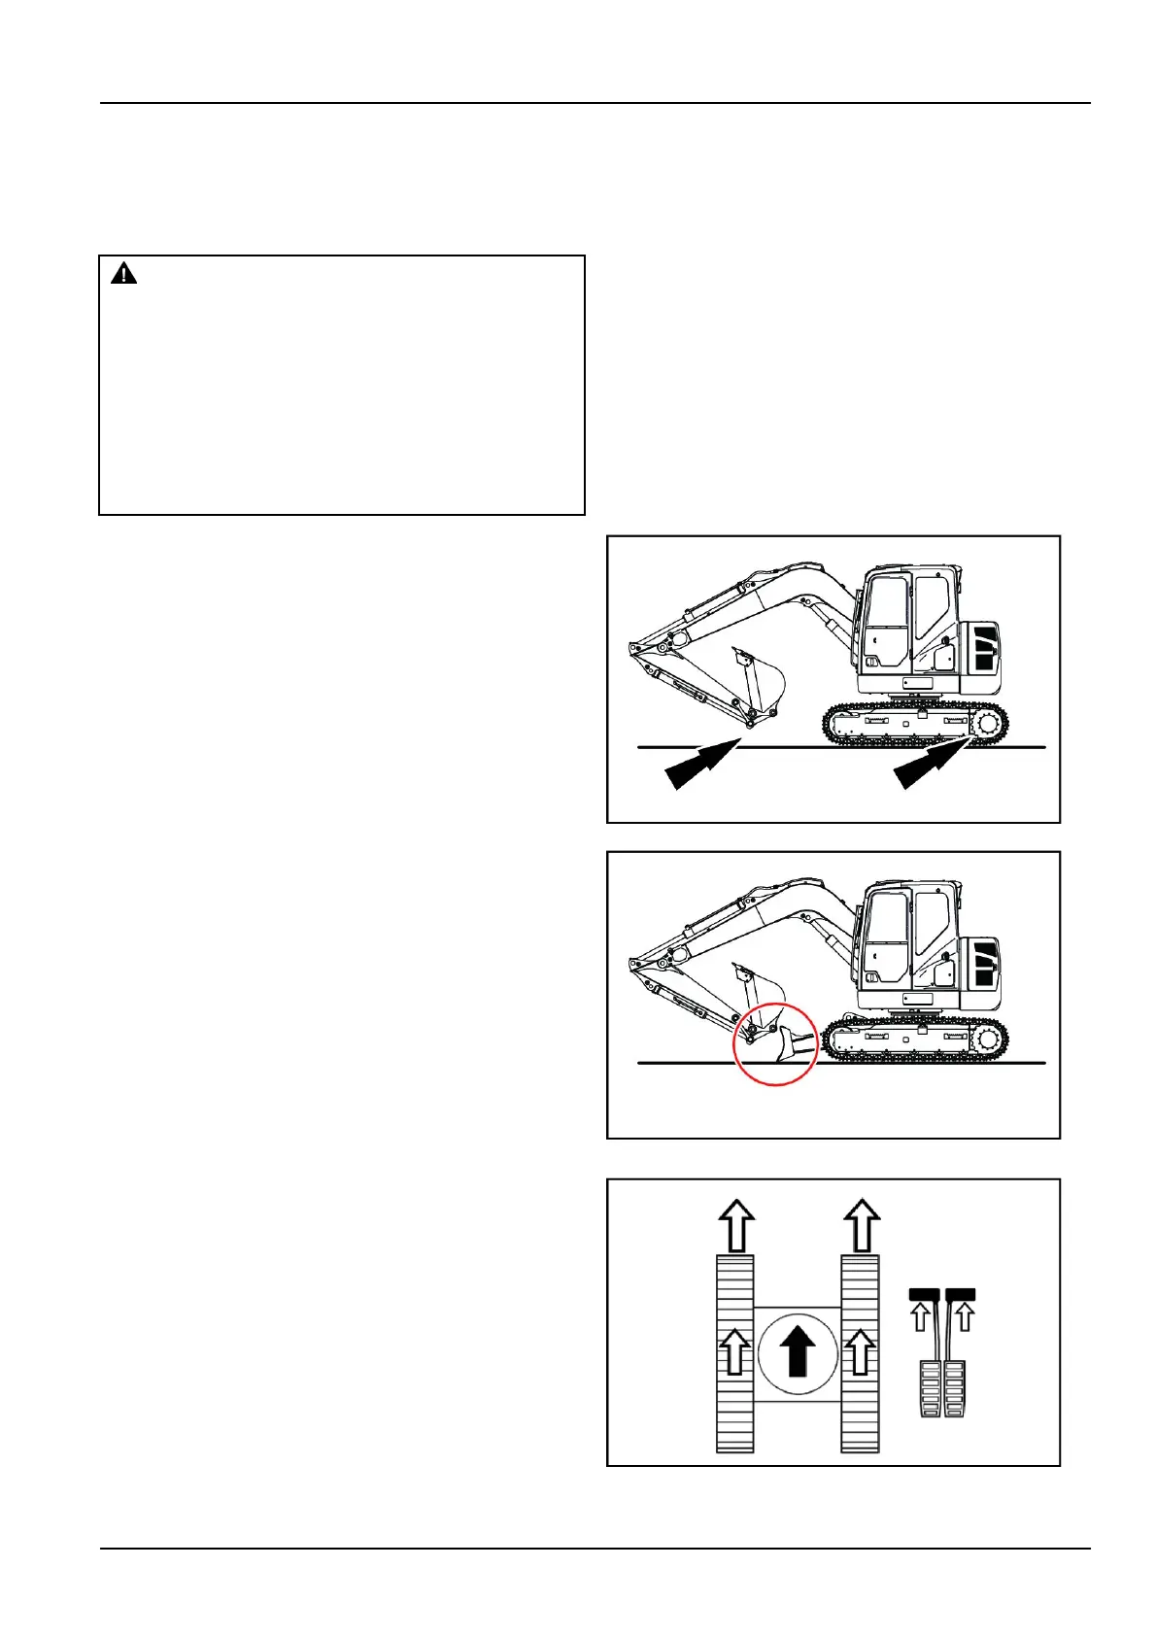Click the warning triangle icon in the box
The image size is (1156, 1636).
[x=123, y=274]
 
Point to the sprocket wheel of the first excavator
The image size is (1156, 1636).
[x=986, y=723]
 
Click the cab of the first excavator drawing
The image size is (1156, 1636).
[x=904, y=626]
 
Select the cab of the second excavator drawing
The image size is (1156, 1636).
[x=904, y=942]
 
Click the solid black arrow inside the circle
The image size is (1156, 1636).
[x=798, y=1351]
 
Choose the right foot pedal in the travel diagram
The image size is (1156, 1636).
[x=956, y=1387]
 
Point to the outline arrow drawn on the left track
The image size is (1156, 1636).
[x=736, y=1351]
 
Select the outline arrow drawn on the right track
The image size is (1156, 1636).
[x=860, y=1351]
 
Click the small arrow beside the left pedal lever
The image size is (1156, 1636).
[x=919, y=1317]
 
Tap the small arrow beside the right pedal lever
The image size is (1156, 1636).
[x=964, y=1317]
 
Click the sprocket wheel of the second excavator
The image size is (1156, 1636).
[x=988, y=1039]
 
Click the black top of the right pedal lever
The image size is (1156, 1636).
[x=960, y=1294]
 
